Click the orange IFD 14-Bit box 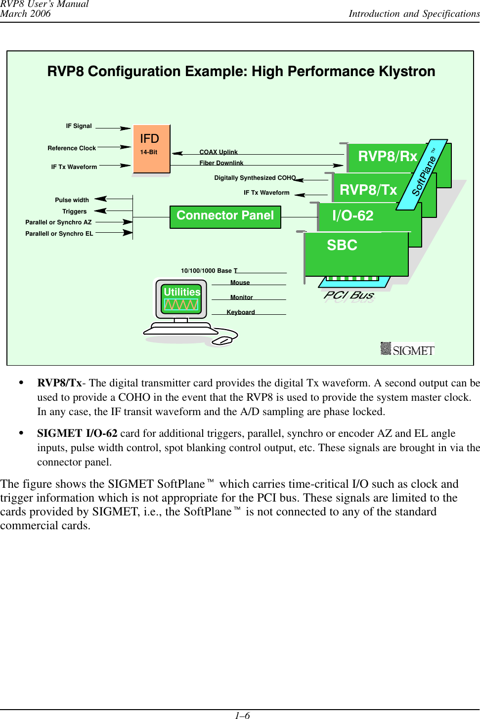[151, 148]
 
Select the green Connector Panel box [225, 216]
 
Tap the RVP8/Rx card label [388, 157]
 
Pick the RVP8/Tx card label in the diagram [368, 190]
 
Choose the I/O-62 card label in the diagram [352, 216]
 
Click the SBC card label [342, 246]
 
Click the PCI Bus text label [349, 296]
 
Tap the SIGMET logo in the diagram [407, 349]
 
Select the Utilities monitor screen [181, 298]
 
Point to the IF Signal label [79, 126]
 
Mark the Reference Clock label [72, 148]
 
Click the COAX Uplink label [218, 152]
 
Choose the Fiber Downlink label [221, 163]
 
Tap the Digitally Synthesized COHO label [255, 178]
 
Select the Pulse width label [72, 200]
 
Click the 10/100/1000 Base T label [209, 271]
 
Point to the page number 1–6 [242, 715]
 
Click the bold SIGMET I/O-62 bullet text [77, 433]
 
